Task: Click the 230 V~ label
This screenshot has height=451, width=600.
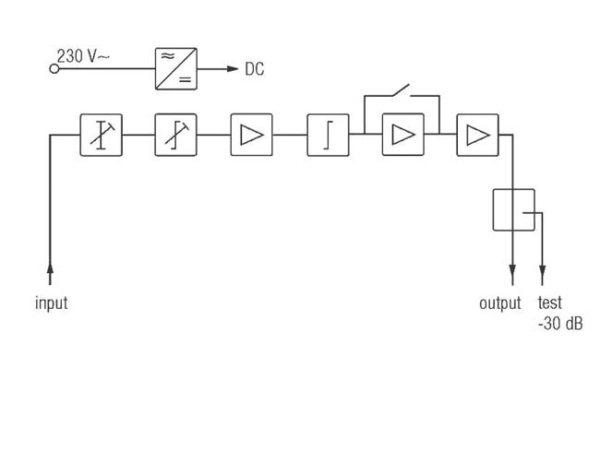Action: coord(83,56)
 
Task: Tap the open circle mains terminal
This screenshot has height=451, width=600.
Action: coord(54,69)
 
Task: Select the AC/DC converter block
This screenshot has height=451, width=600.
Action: coord(176,69)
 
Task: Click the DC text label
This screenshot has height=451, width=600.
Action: coord(255,69)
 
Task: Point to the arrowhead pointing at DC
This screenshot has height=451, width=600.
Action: coord(233,69)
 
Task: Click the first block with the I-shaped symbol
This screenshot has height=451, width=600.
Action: coord(101,135)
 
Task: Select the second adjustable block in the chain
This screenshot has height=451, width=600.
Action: coord(175,135)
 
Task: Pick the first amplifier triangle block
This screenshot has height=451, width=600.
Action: coord(251,135)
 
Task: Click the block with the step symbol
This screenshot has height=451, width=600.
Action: coord(328,135)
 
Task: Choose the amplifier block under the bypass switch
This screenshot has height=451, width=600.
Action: coord(403,135)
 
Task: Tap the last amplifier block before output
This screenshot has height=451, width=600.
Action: coord(477,135)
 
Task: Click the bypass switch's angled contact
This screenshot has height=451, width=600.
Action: coord(401,89)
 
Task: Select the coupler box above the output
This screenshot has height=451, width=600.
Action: coord(514,210)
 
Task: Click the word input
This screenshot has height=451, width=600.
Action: coord(52,303)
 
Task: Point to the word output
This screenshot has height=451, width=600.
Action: coord(500,303)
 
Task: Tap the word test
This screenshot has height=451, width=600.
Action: coord(550,303)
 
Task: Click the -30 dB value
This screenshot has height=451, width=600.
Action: coord(560,324)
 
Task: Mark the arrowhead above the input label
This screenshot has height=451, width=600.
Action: coord(50,268)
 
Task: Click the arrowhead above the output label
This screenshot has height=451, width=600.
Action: coord(512,270)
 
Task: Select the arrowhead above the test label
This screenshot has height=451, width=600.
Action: coord(542,270)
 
